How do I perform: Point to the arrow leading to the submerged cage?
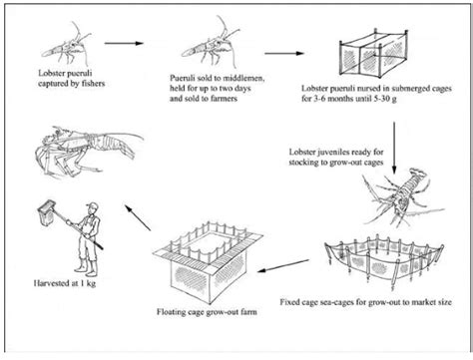[278, 45]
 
